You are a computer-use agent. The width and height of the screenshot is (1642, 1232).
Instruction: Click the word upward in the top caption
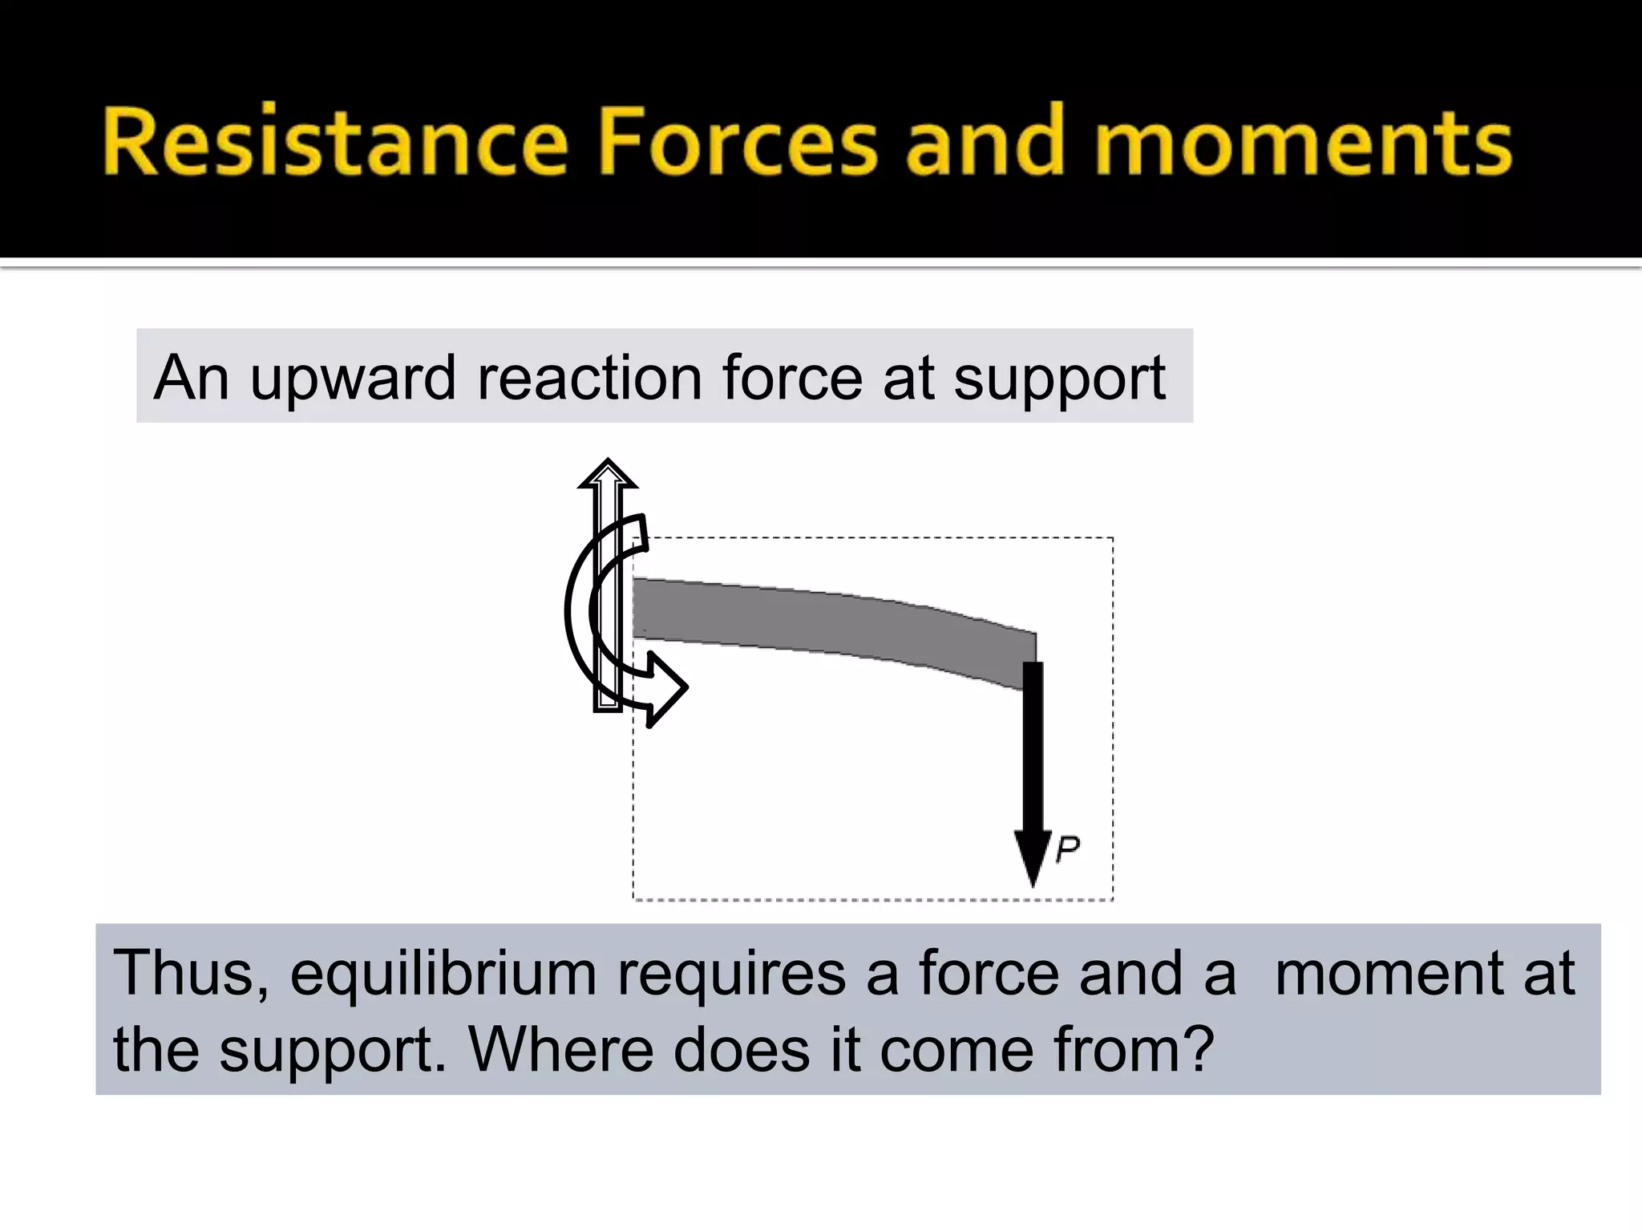353,379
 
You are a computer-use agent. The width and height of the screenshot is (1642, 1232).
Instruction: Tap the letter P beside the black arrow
1068,849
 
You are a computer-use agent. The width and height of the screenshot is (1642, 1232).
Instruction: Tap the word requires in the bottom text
730,974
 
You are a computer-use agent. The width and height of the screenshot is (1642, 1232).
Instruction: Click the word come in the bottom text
954,1051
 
